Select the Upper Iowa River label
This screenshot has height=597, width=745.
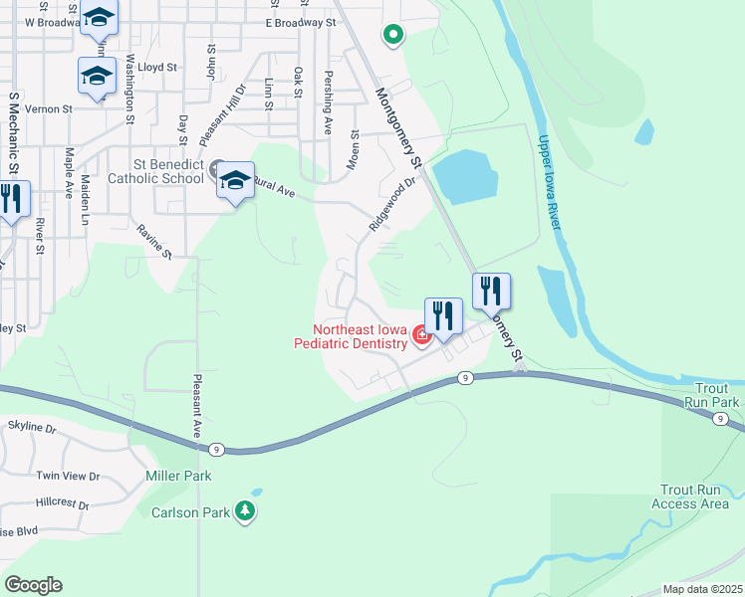click(549, 183)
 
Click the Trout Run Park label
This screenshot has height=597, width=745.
click(712, 395)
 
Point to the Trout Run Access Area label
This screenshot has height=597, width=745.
click(690, 497)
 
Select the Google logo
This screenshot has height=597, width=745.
click(33, 585)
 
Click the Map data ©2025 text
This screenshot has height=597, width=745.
click(703, 589)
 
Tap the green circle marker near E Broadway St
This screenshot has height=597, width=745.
click(393, 36)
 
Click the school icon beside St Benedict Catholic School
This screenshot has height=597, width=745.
click(235, 181)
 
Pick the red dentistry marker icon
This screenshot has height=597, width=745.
click(421, 336)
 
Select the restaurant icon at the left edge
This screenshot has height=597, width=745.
click(10, 198)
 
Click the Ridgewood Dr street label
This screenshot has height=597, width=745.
click(390, 204)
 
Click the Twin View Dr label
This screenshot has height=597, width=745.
click(68, 477)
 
